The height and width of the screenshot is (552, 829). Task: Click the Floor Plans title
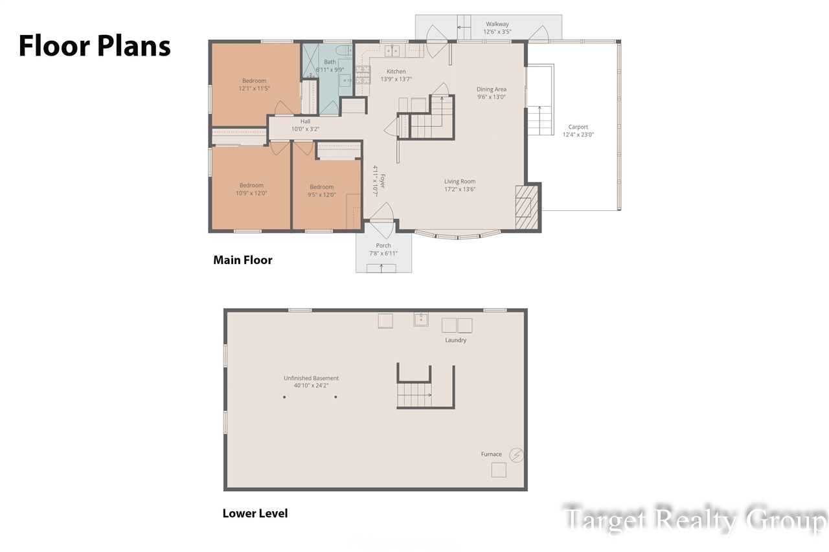click(x=95, y=46)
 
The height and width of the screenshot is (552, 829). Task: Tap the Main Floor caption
click(x=243, y=260)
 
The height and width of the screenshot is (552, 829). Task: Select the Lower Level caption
click(x=255, y=513)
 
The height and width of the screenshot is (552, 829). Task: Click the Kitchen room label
click(x=396, y=75)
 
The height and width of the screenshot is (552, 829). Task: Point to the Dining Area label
click(x=492, y=93)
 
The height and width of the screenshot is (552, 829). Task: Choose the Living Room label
click(x=460, y=186)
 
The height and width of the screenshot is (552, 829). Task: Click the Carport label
click(x=578, y=131)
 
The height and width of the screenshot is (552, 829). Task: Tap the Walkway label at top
click(x=497, y=28)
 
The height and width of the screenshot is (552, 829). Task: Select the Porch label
click(x=383, y=249)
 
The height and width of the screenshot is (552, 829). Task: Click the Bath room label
click(x=330, y=66)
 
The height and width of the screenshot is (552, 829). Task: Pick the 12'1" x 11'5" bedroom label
click(x=254, y=85)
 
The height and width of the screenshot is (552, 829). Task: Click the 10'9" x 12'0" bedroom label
click(x=251, y=189)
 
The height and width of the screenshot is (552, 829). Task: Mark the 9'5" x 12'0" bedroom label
click(x=321, y=191)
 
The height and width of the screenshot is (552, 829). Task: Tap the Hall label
click(x=305, y=125)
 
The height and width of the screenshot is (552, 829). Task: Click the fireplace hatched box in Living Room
click(x=527, y=207)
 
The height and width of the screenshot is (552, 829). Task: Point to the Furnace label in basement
click(x=491, y=454)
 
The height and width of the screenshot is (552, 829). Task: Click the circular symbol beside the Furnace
click(x=516, y=455)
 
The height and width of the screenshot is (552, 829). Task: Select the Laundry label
click(x=455, y=340)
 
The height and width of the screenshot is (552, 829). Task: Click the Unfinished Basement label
click(x=311, y=382)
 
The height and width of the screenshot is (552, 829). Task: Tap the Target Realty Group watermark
click(x=694, y=520)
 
